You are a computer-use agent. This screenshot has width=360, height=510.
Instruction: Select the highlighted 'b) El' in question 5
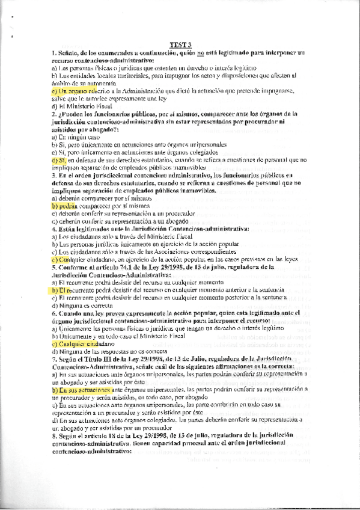(x=58, y=289)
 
